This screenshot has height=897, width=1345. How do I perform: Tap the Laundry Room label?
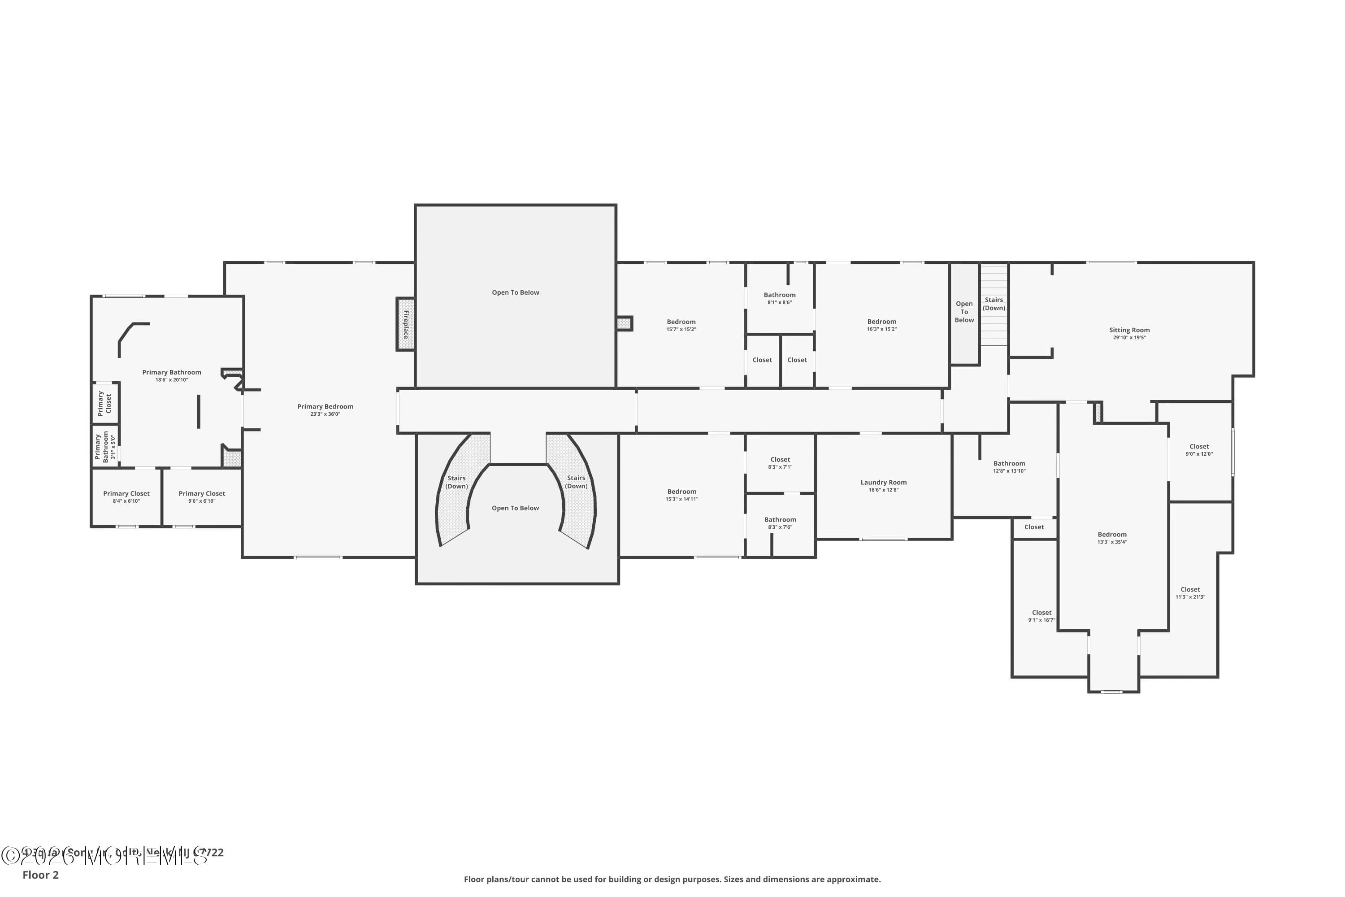tap(884, 482)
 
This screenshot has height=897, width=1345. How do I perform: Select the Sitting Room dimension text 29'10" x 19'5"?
tap(1129, 338)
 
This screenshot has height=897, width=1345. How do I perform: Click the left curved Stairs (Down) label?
tap(456, 482)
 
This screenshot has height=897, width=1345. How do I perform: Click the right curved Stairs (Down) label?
tap(576, 482)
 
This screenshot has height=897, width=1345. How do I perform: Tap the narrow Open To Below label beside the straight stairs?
tap(964, 312)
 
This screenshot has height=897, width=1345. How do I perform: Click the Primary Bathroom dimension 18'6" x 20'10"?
tap(172, 380)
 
